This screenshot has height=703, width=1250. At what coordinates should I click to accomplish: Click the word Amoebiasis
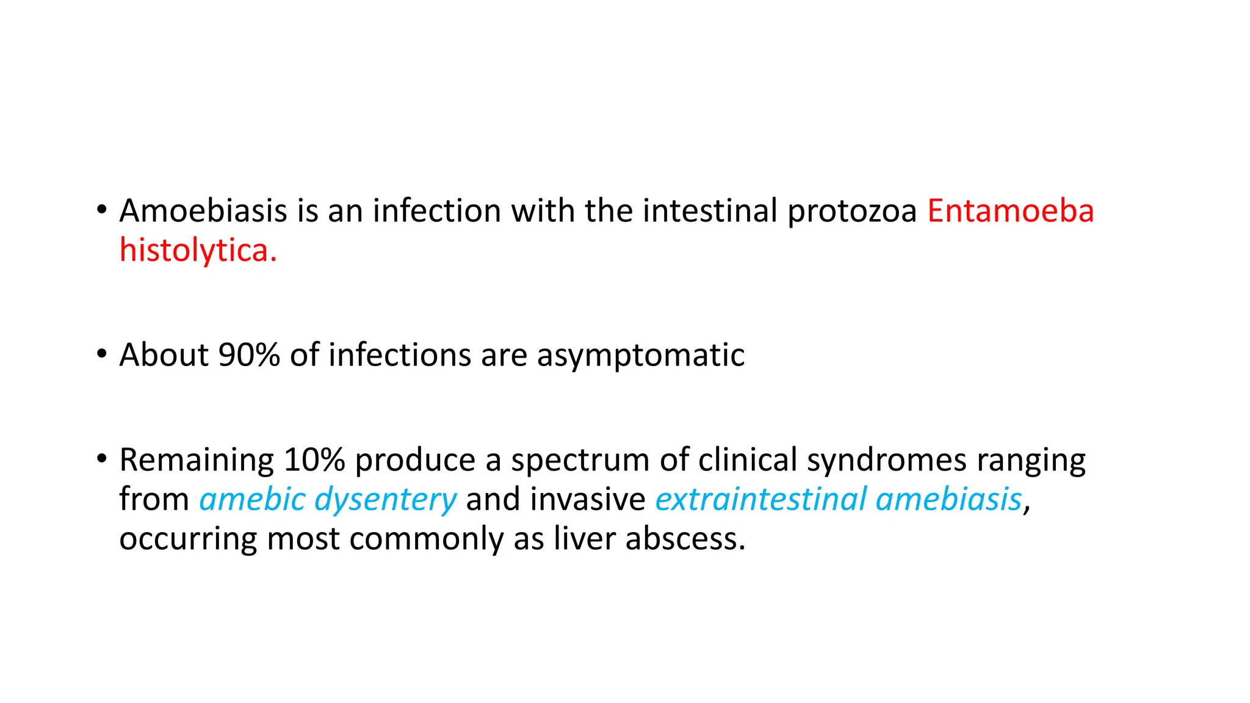point(203,211)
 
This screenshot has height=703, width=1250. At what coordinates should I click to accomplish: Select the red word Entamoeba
point(1010,211)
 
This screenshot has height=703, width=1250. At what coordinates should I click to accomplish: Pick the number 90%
point(249,355)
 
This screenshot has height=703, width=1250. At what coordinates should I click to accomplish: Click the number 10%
point(314,460)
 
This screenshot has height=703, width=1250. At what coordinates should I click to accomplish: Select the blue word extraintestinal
point(760,499)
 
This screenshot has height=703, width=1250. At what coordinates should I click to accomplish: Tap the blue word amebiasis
point(948,499)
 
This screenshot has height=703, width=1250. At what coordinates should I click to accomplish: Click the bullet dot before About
point(102,353)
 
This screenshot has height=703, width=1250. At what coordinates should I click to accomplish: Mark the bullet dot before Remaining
point(102,458)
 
